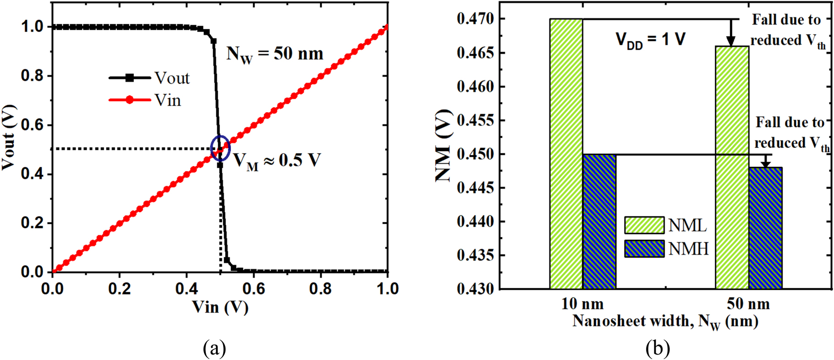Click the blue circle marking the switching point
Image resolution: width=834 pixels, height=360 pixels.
pos(220,148)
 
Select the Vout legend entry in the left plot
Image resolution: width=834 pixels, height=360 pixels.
pos(149,78)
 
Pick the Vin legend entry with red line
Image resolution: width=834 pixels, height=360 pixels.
pos(146,100)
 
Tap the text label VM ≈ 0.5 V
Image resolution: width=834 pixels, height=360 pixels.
pos(277,161)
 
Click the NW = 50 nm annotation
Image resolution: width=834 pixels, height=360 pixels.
pos(274,55)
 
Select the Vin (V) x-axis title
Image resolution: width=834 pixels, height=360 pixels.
pos(220,307)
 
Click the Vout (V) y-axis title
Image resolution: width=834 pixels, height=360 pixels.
pos(9,137)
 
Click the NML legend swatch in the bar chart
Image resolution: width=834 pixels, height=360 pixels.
pos(644,225)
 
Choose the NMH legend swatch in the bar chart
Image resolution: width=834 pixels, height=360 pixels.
pos(644,249)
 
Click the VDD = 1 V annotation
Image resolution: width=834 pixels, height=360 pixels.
pos(650,40)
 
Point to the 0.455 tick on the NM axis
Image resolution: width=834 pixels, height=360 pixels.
pos(475,120)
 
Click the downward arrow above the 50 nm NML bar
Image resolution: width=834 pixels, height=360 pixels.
pos(731,34)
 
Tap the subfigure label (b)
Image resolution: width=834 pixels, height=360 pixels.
pos(658,349)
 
